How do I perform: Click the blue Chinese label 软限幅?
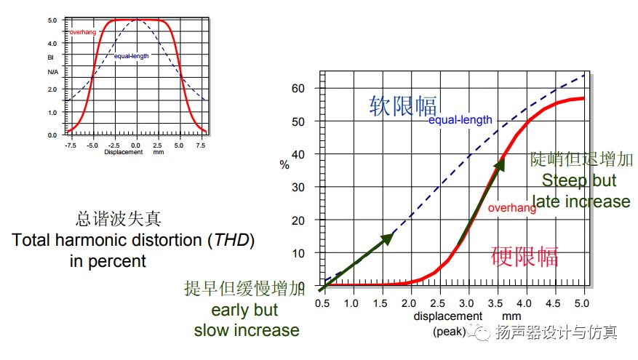[x=402, y=106]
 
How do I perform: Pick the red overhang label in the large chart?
[x=512, y=208]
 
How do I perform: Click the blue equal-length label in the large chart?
[x=460, y=120]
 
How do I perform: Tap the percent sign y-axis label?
[x=284, y=164]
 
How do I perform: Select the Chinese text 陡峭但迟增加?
[x=581, y=159]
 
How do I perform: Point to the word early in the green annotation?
[x=227, y=310]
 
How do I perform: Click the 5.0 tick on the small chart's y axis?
[x=52, y=20]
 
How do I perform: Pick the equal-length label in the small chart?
[x=132, y=55]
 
